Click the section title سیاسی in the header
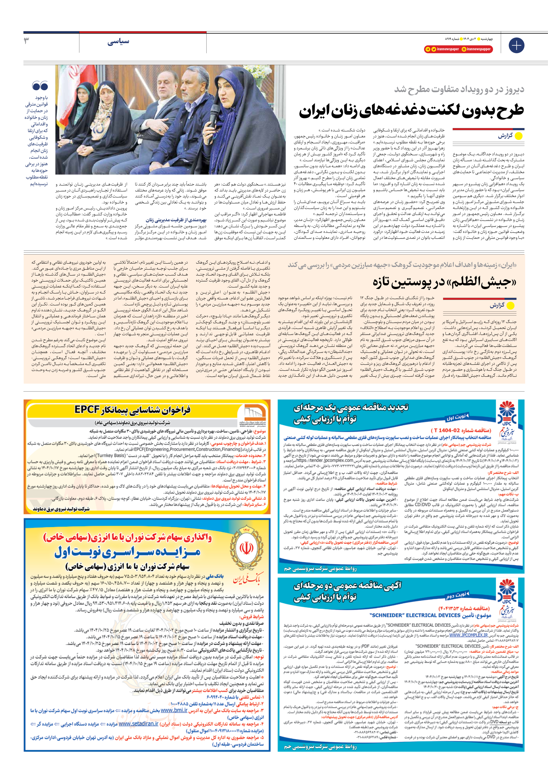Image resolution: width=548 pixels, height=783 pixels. point(118,42)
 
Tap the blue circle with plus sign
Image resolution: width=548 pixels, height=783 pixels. point(516,45)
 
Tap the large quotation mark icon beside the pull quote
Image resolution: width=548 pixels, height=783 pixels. point(40,86)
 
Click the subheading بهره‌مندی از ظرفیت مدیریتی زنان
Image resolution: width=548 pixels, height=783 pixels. point(176,220)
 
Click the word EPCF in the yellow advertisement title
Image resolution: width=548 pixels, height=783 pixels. point(87,409)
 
